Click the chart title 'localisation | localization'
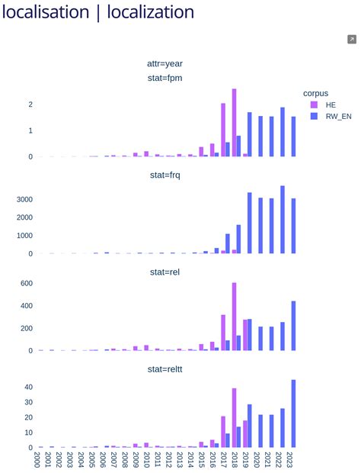pyautogui.click(x=98, y=12)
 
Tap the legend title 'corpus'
pyautogui.click(x=315, y=93)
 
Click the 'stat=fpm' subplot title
pyautogui.click(x=165, y=78)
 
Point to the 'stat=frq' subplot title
pyautogui.click(x=165, y=175)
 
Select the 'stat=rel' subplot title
pyautogui.click(x=165, y=272)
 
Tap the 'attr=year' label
pyautogui.click(x=165, y=63)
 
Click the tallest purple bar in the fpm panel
pyautogui.click(x=235, y=123)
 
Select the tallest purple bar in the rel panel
pyautogui.click(x=235, y=317)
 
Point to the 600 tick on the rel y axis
pyautogui.click(x=24, y=283)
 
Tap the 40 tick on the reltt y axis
pyautogui.click(x=27, y=387)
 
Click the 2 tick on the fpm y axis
pyautogui.click(x=30, y=105)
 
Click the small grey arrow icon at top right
pyautogui.click(x=352, y=40)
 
